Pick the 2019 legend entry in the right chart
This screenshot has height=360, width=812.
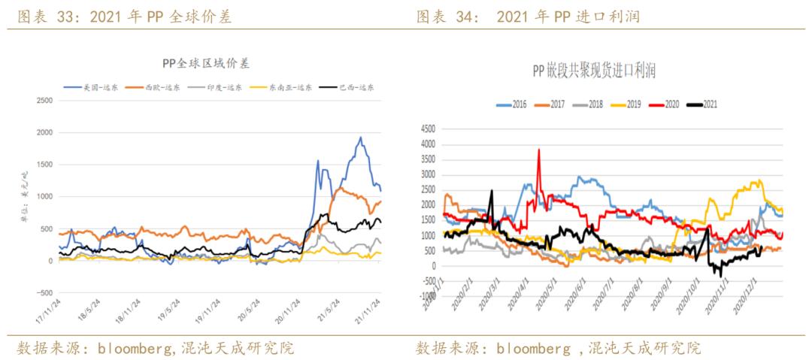click(636, 104)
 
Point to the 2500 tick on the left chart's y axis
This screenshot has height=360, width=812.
click(44, 100)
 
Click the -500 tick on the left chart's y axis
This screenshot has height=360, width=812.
click(44, 293)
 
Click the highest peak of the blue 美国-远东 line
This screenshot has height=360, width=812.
click(360, 138)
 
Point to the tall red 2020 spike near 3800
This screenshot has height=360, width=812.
click(538, 150)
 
